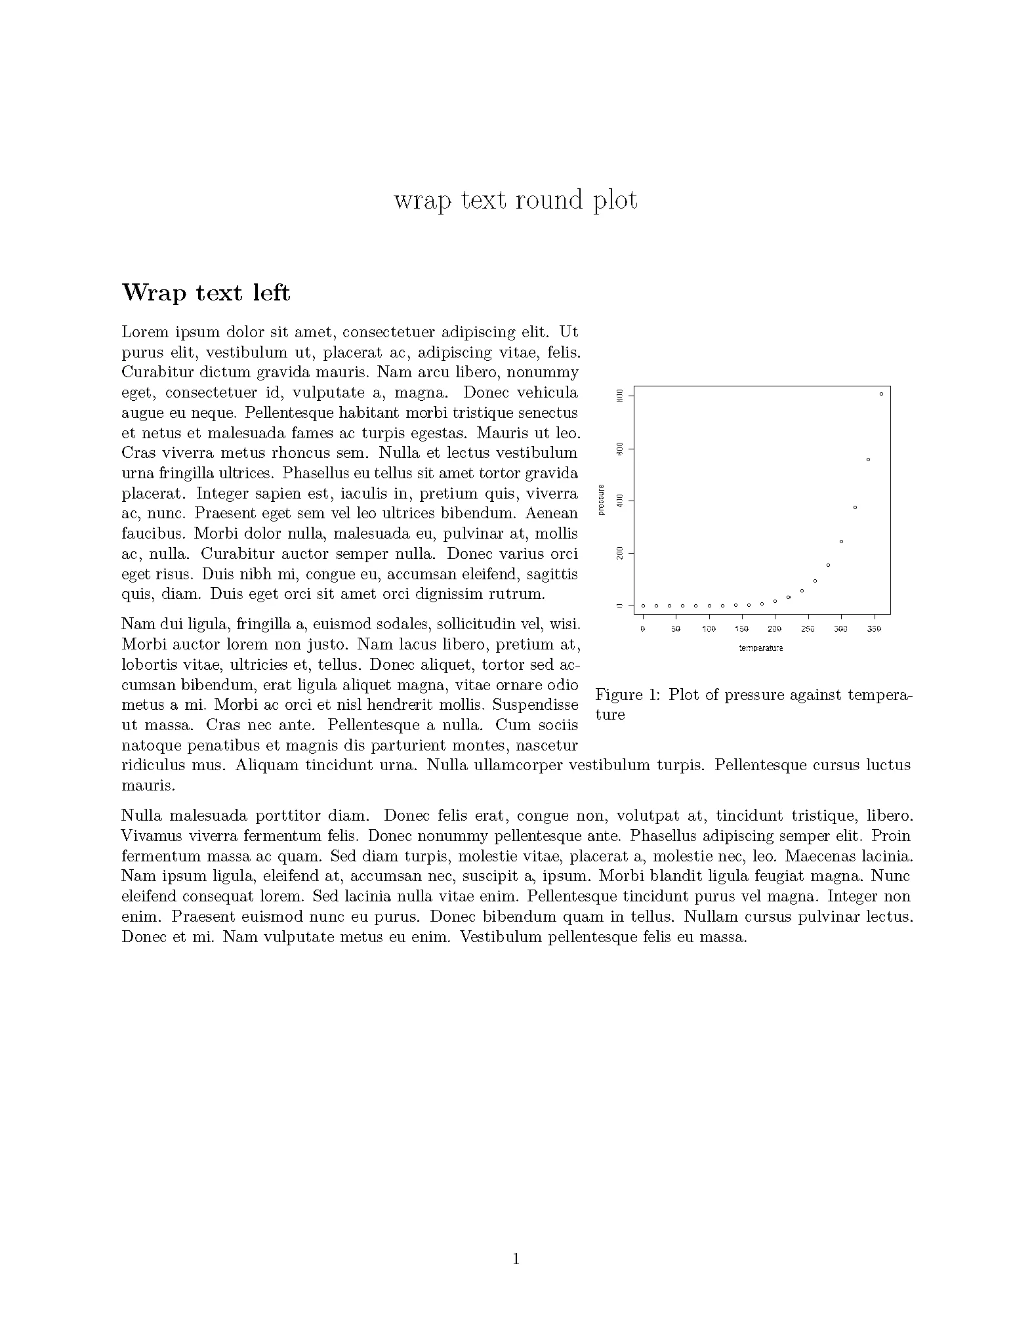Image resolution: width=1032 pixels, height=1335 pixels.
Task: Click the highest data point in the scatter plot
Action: (x=881, y=394)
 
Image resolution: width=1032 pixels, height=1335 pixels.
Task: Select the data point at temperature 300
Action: (x=841, y=541)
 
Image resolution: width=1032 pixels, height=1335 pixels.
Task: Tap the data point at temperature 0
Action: (x=643, y=606)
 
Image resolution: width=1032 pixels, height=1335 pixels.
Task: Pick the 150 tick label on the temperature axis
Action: (x=741, y=629)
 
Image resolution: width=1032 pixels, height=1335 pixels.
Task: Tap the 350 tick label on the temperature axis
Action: (x=874, y=629)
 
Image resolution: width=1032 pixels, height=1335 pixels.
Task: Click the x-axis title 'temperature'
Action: (x=761, y=648)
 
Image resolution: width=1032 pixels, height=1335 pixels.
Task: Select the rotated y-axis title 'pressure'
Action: (x=601, y=500)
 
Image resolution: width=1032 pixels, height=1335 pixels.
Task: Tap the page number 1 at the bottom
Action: (x=516, y=1258)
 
